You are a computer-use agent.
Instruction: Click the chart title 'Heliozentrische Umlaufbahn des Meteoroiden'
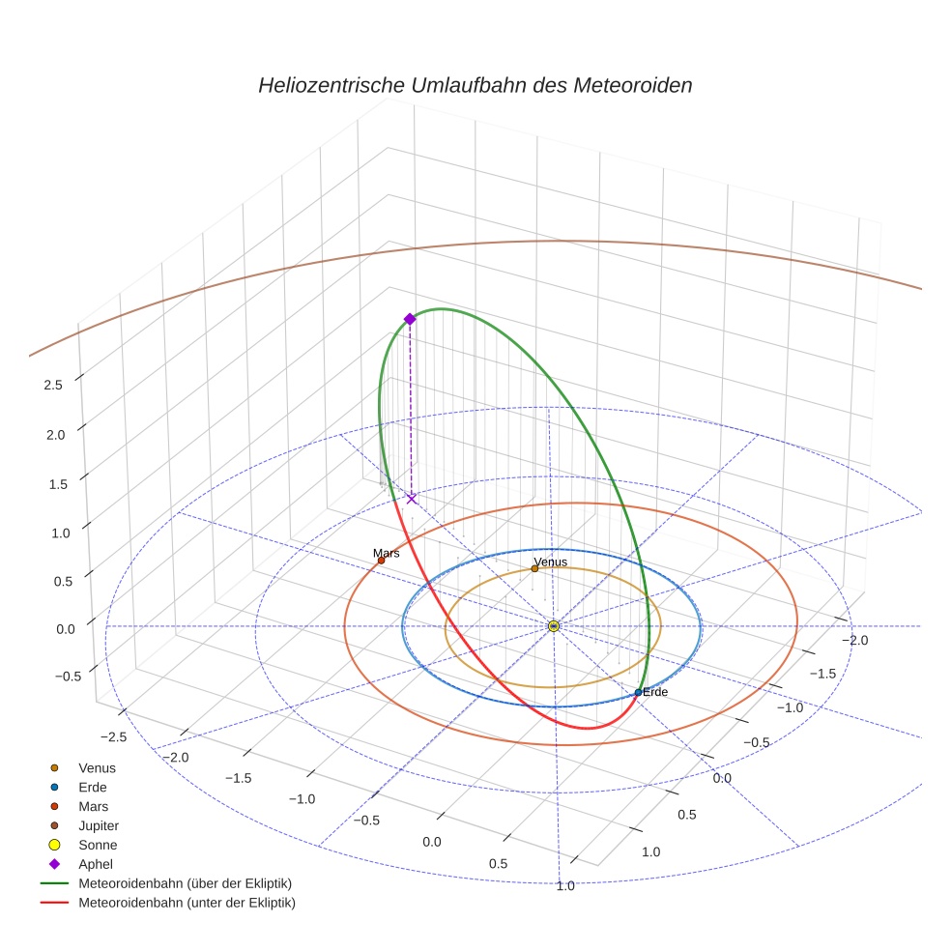475,85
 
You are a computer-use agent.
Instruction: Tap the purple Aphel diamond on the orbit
410,319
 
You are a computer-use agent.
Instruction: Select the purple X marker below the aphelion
412,499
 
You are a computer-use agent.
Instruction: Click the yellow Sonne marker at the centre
554,626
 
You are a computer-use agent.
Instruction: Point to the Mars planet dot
381,561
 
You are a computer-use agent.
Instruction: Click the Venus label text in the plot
550,562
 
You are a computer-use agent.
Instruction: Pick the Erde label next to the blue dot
655,692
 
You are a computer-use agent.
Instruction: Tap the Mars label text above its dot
387,553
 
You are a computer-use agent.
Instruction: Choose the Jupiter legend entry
98,825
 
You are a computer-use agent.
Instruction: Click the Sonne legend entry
98,845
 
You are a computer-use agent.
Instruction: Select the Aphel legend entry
96,864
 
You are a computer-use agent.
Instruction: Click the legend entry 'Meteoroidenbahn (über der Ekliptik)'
185,883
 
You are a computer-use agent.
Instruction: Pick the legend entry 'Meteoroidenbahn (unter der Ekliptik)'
187,903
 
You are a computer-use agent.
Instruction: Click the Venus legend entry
97,767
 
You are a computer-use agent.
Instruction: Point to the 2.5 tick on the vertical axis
53,385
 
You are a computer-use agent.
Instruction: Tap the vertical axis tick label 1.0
53,533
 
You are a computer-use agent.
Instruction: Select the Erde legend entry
93,787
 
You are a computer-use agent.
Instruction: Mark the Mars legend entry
93,806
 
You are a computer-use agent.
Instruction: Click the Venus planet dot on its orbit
534,568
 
